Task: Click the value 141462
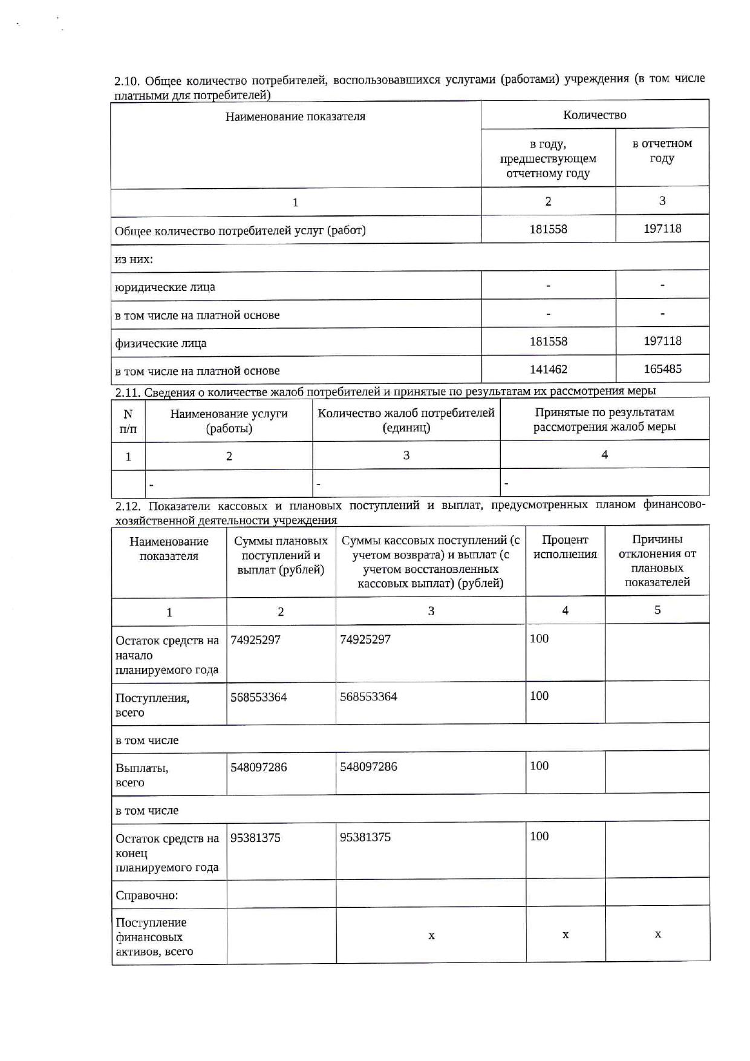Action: tap(548, 369)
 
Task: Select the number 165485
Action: tap(662, 368)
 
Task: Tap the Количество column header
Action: tap(595, 115)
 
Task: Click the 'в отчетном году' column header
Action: tap(662, 151)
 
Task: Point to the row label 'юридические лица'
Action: tap(165, 287)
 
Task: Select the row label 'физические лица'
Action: tap(161, 343)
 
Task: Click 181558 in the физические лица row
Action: tap(548, 341)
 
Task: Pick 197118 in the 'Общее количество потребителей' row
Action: tap(662, 229)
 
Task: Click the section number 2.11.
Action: tap(128, 392)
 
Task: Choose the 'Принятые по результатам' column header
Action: tap(604, 419)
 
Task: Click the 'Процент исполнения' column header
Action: tap(565, 547)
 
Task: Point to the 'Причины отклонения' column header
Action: tap(657, 560)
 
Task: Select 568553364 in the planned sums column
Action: tap(258, 697)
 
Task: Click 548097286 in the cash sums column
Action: tap(368, 766)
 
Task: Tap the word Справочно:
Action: tap(147, 895)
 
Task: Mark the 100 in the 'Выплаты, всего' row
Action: tap(539, 766)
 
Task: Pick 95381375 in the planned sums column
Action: tap(255, 838)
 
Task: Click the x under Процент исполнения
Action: tap(566, 935)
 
